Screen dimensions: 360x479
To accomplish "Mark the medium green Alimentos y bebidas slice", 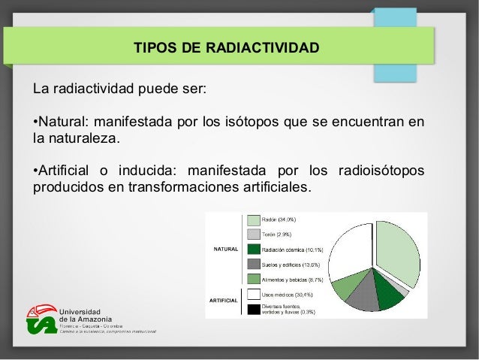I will coord(345,286).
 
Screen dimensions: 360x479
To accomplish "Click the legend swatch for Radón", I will coord(253,220).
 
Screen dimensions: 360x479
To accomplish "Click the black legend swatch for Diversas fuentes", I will coord(253,309).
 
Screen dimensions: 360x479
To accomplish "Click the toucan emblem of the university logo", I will coord(41,320).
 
